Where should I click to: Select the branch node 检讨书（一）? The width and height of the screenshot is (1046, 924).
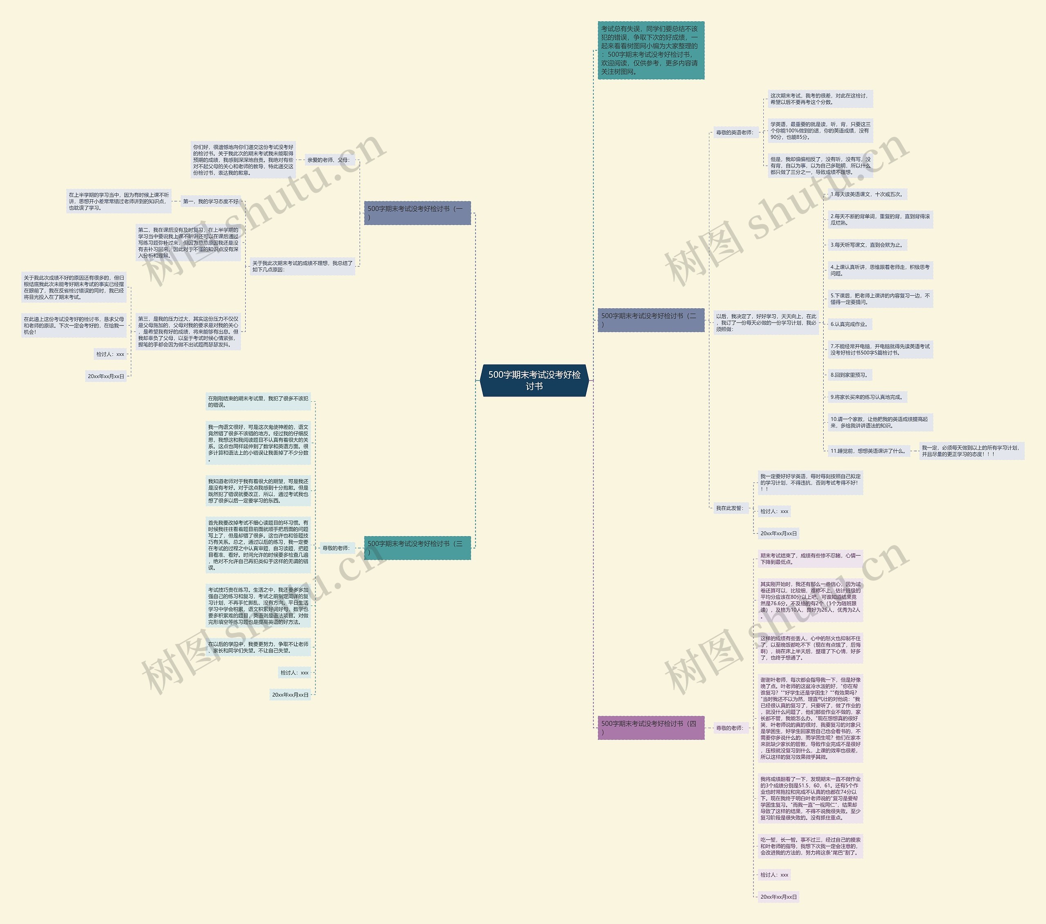click(417, 213)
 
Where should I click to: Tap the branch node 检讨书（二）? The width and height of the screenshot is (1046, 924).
click(650, 320)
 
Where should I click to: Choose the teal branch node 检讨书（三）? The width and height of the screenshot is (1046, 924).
click(417, 548)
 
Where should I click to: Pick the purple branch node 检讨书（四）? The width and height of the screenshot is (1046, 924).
click(650, 727)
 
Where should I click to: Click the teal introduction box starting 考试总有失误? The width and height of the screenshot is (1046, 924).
click(650, 50)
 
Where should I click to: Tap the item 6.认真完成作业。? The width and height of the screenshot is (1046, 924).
click(849, 324)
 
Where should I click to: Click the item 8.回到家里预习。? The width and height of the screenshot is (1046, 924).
click(849, 375)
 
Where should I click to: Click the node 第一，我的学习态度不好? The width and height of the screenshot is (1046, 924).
click(211, 201)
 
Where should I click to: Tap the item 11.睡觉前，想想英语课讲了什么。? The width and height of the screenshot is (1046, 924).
click(868, 451)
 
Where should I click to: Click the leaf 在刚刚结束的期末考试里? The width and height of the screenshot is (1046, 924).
click(258, 401)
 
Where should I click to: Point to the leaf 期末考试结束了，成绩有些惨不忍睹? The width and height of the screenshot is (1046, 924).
click(810, 559)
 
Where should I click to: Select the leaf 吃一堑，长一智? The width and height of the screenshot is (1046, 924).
click(810, 846)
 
